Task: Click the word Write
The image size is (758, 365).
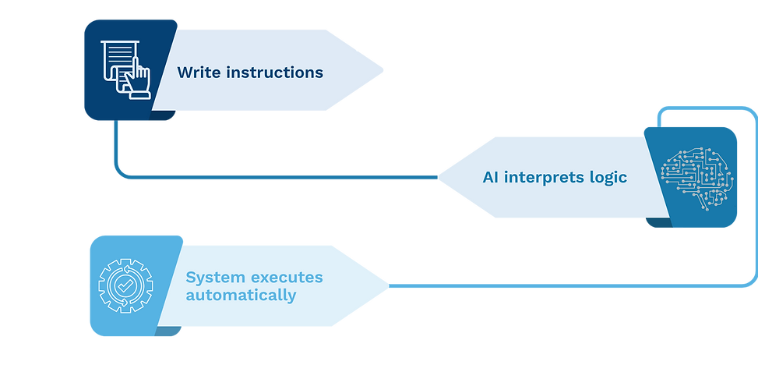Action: pyautogui.click(x=199, y=73)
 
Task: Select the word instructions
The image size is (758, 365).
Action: pyautogui.click(x=274, y=73)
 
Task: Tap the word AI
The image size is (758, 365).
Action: pyautogui.click(x=491, y=177)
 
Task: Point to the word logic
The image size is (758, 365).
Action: pyautogui.click(x=608, y=177)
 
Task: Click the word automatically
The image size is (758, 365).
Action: pyautogui.click(x=242, y=296)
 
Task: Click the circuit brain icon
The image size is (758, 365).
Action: pyautogui.click(x=695, y=177)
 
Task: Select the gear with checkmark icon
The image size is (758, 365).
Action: pyautogui.click(x=125, y=286)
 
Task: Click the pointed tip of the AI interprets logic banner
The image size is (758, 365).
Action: pyautogui.click(x=439, y=177)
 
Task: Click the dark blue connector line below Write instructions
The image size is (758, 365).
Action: pyautogui.click(x=273, y=177)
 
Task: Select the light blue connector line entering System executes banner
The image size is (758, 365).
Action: pyautogui.click(x=545, y=286)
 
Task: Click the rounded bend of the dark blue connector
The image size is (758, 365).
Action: pyautogui.click(x=120, y=171)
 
